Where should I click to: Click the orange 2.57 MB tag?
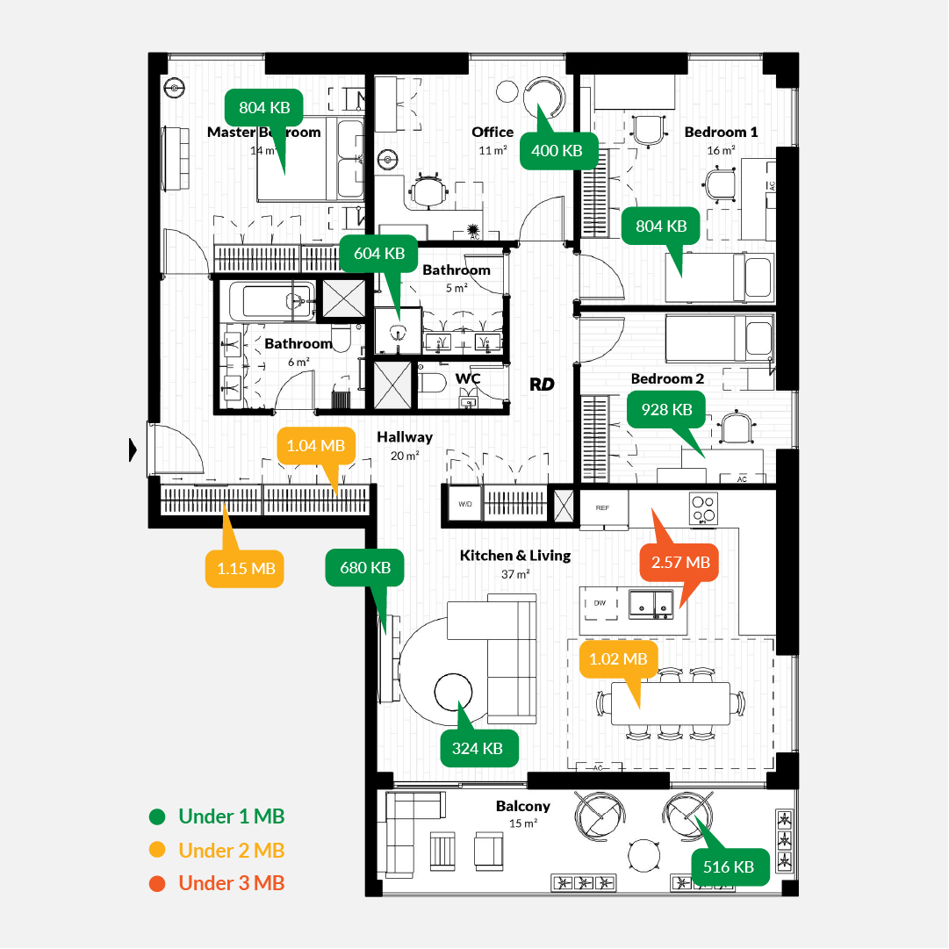point(680,562)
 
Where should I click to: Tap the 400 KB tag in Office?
point(557,150)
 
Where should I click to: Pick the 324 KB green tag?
point(478,748)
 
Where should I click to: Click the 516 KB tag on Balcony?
point(730,866)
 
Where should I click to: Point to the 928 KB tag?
point(666,409)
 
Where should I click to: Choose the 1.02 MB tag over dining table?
point(618,658)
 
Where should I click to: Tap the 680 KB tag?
point(364,567)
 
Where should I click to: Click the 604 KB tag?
point(379,253)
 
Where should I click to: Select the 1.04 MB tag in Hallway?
point(315,445)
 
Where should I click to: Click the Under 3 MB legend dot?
point(157,883)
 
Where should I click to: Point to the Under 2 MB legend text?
point(232,850)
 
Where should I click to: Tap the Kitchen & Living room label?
point(515,556)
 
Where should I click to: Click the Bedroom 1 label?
point(721,132)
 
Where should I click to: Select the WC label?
point(468,378)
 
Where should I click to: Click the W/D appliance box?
point(464,505)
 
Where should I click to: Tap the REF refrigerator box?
point(603,507)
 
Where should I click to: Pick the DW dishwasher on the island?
point(600,603)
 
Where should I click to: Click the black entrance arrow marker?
point(133,449)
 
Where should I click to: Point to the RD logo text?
point(542,384)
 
